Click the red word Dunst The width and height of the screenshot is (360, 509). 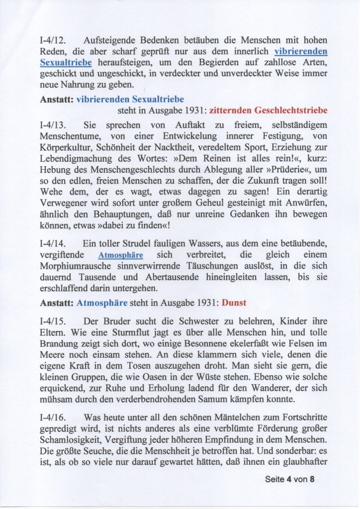[234, 302]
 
